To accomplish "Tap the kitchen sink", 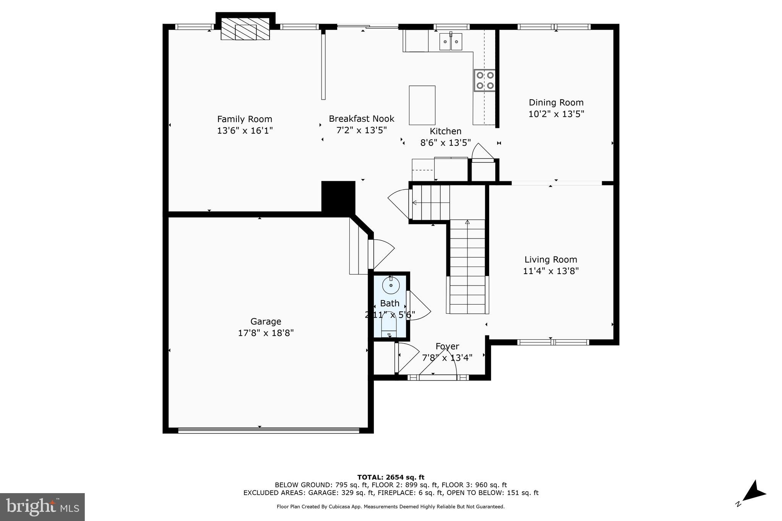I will click(x=451, y=42).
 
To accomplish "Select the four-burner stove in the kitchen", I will click(x=485, y=81).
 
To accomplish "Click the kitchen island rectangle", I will click(x=422, y=105).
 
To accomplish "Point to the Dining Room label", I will click(x=556, y=102).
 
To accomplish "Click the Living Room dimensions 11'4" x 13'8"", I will click(x=551, y=271).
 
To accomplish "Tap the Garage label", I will click(x=266, y=321).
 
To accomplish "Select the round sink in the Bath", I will click(x=391, y=285).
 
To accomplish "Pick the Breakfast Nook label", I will click(x=361, y=119).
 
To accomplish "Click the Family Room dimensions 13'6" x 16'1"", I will click(x=245, y=131).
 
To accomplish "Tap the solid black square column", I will click(x=338, y=198).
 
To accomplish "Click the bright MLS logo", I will click(x=42, y=507).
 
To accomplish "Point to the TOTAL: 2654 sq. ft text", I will click(x=391, y=477).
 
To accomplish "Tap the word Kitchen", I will click(x=445, y=131).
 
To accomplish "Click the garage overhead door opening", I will click(x=268, y=430).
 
